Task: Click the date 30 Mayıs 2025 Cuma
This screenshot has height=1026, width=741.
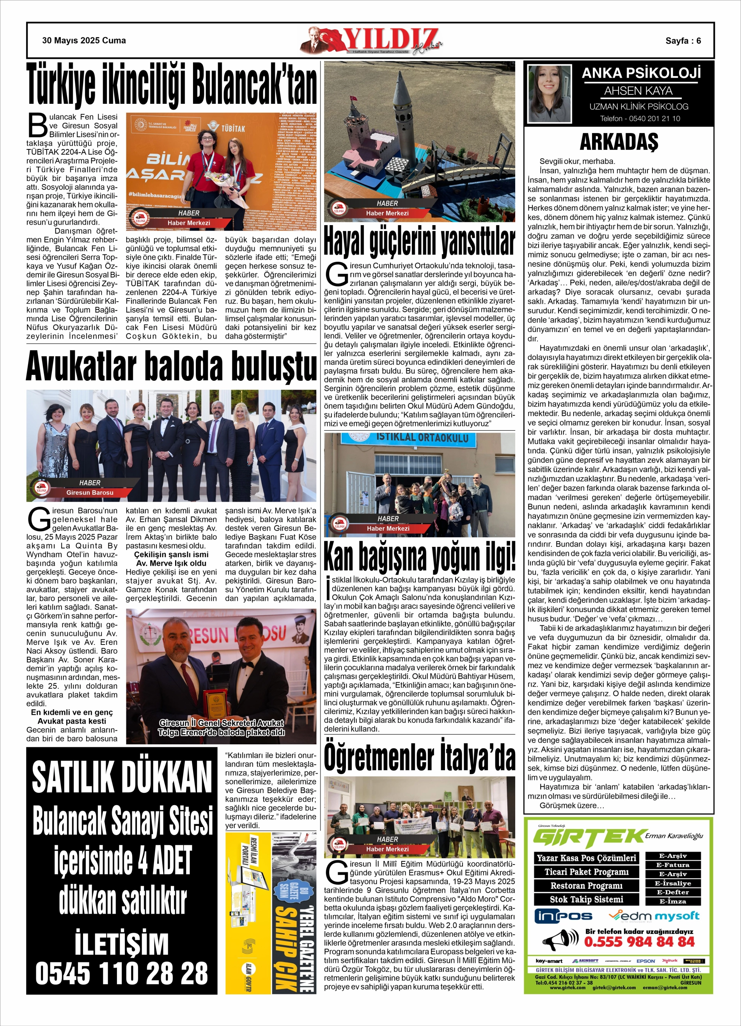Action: pos(84,41)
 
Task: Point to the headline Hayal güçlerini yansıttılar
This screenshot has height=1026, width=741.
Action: pos(419,242)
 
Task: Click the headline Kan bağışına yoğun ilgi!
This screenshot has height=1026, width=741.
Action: pos(419,556)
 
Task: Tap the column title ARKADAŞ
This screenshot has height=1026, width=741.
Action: pos(619,142)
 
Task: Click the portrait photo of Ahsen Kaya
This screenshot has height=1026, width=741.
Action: pos(550,94)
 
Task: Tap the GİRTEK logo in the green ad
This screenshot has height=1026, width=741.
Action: pos(588,838)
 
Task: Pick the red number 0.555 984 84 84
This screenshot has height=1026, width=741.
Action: pos(639,942)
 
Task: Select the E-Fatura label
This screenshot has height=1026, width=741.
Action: pos(673,865)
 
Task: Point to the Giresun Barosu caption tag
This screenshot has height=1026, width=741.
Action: pos(90,493)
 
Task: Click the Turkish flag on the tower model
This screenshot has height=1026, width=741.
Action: pos(354,98)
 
